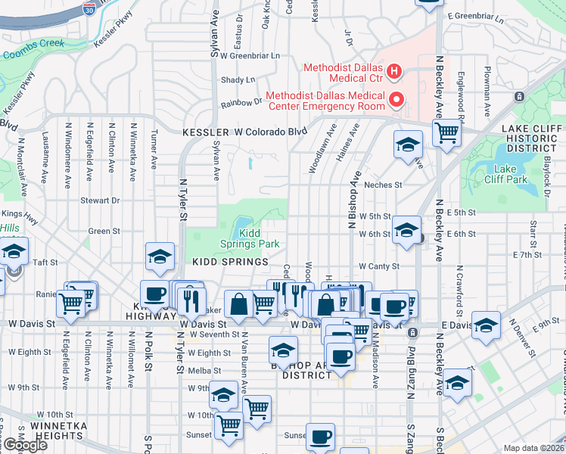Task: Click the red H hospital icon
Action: [x=393, y=73]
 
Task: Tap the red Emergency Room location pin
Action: [x=393, y=99]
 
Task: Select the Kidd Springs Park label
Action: [x=250, y=238]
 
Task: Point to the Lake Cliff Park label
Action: [x=505, y=174]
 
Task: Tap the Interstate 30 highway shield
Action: [x=92, y=9]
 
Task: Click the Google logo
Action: [x=24, y=445]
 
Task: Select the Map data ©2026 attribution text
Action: [x=533, y=448]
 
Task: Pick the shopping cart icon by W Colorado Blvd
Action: [x=447, y=132]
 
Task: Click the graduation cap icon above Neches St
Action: [x=409, y=144]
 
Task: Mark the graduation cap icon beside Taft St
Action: [x=13, y=250]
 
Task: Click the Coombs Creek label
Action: [x=34, y=54]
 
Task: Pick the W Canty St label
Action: [x=378, y=266]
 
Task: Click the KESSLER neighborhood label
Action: [x=205, y=132]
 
